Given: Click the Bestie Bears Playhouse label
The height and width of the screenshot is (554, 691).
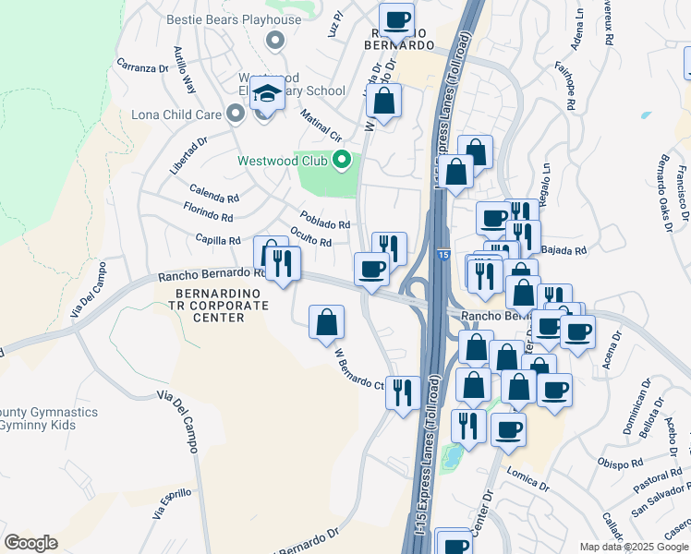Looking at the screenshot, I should pyautogui.click(x=234, y=19).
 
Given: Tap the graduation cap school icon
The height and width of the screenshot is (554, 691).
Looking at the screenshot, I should pyautogui.click(x=267, y=93).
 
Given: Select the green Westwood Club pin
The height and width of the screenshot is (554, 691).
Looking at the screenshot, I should pyautogui.click(x=342, y=161).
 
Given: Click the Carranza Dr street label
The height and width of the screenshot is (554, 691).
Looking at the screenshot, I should pyautogui.click(x=142, y=66).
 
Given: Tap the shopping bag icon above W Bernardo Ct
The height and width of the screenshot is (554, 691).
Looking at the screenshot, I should pyautogui.click(x=326, y=323).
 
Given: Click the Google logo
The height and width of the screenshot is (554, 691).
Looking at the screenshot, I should pyautogui.click(x=30, y=543).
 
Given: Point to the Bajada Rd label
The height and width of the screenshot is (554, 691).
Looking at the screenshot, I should pyautogui.click(x=565, y=250).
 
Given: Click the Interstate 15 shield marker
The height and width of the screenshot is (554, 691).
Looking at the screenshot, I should pyautogui.click(x=444, y=253).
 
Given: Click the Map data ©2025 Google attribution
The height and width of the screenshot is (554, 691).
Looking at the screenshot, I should pyautogui.click(x=634, y=547).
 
